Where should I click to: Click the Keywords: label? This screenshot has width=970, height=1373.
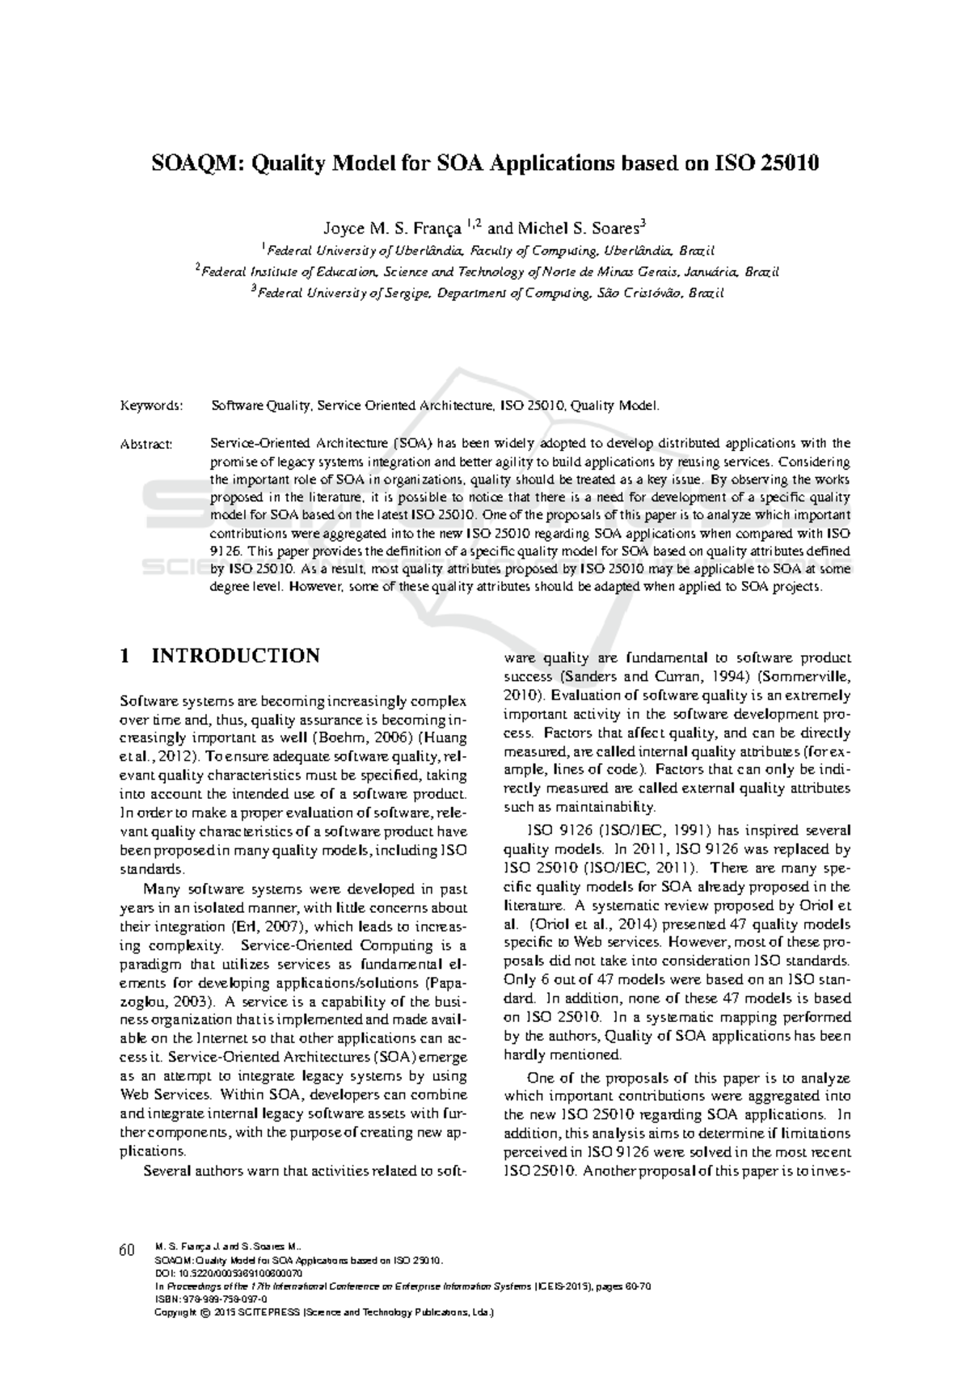151,405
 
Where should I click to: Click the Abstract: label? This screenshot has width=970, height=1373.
146,444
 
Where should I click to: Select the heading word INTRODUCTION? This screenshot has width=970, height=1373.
236,656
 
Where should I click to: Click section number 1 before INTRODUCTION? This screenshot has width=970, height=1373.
124,656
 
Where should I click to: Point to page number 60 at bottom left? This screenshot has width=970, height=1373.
126,1251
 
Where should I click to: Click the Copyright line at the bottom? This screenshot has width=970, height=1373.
323,1312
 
